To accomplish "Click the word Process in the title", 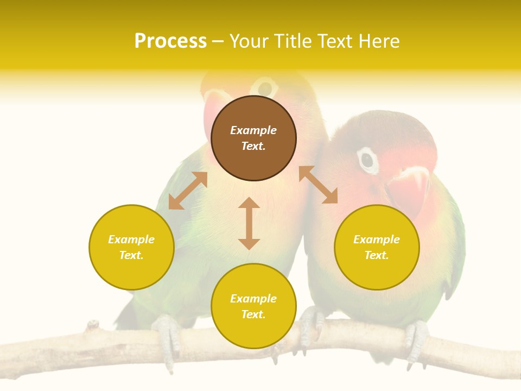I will [x=170, y=41].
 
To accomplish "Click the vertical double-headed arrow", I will [x=249, y=223].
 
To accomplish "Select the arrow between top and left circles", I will [x=188, y=191].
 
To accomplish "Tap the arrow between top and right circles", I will [x=318, y=185].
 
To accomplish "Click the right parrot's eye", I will [x=367, y=160].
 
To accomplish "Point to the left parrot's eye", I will [x=265, y=87].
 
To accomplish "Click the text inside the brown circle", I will [x=253, y=138].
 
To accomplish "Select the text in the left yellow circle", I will [x=131, y=247].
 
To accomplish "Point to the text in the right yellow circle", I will [x=377, y=247].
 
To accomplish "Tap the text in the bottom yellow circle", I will [x=253, y=306].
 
